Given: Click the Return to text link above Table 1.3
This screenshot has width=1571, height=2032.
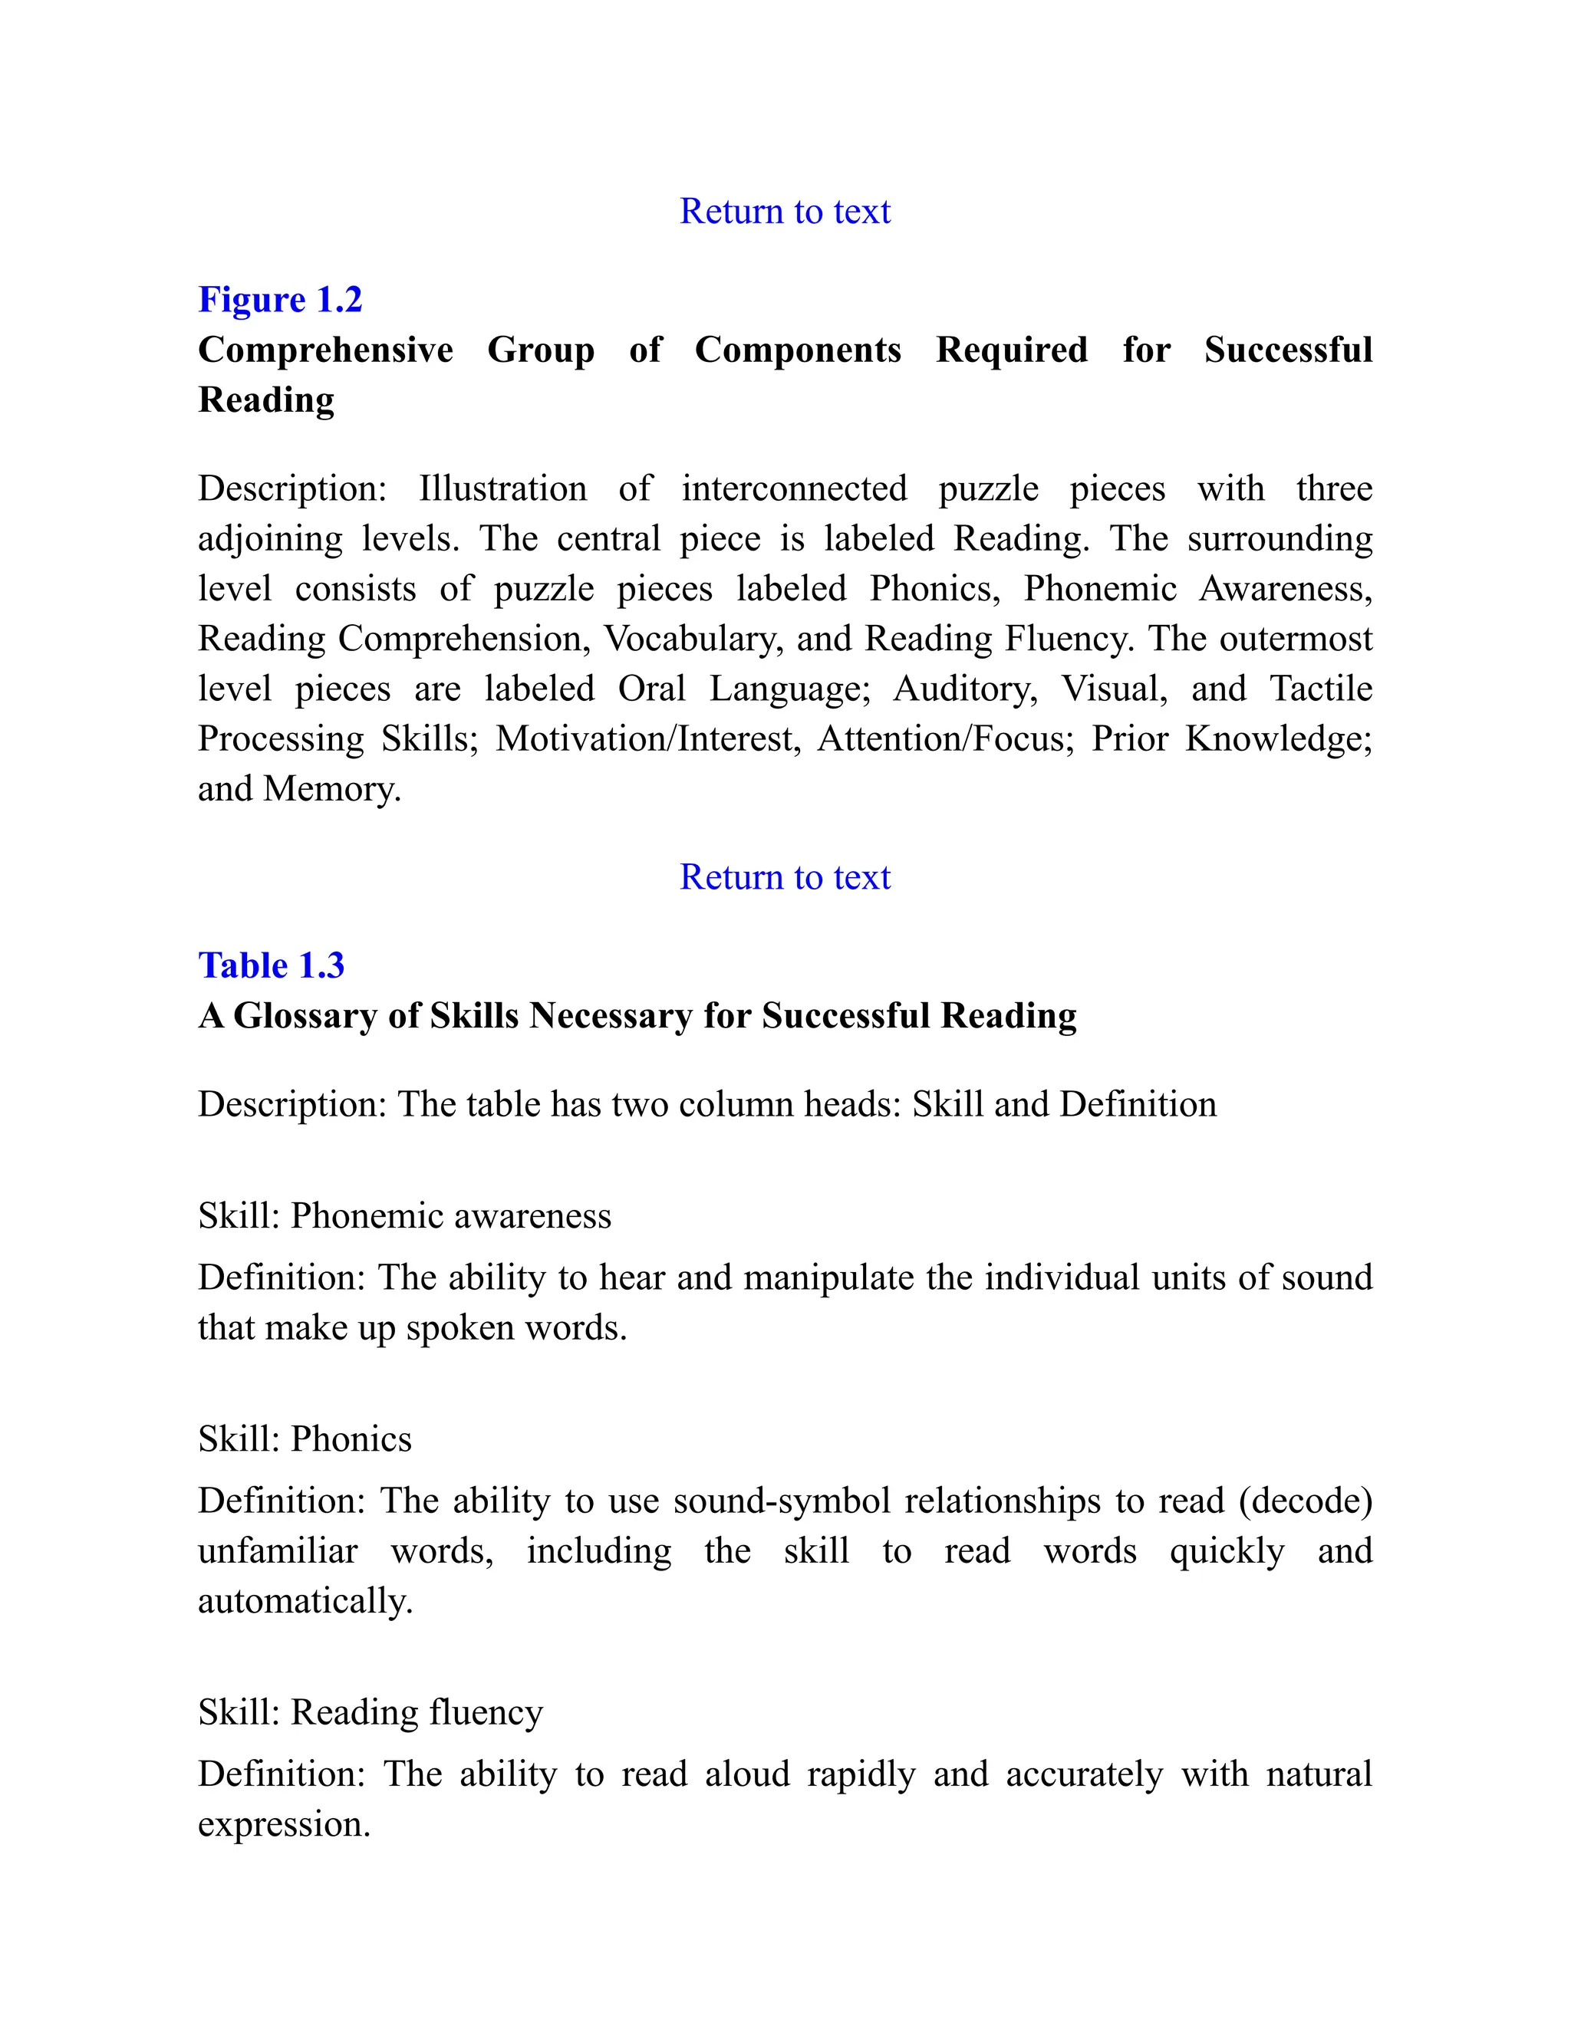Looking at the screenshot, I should (785, 877).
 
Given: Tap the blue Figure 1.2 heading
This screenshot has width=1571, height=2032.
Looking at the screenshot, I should (280, 300).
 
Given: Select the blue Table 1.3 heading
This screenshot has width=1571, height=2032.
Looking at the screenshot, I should (271, 965).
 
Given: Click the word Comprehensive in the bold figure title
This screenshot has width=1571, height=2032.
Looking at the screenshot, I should (326, 350).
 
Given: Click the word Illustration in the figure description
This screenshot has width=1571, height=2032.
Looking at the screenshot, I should (502, 489).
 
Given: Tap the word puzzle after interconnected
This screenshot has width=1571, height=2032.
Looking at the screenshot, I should (988, 489).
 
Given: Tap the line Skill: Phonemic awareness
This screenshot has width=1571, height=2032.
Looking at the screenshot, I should (405, 1216).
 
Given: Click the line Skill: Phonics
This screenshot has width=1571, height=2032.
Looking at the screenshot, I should (305, 1439).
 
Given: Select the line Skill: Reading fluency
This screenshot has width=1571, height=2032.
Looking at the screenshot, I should (371, 1712).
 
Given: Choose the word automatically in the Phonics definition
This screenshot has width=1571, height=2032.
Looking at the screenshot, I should (305, 1601).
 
